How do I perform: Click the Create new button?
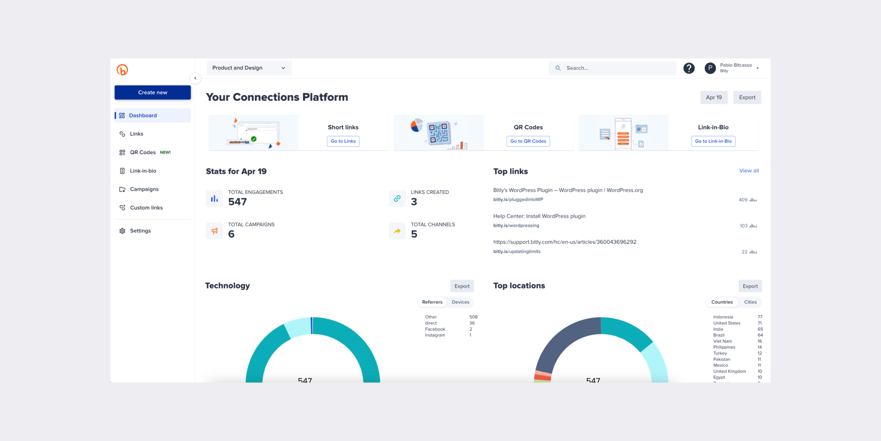[x=152, y=93]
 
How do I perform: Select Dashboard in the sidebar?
[x=143, y=115]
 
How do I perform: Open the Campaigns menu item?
[x=144, y=189]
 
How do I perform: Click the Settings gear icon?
[x=122, y=231]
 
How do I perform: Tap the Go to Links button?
[x=343, y=141]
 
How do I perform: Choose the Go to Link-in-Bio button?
[x=713, y=141]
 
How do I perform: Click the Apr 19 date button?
[x=714, y=97]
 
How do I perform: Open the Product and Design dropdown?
[x=249, y=68]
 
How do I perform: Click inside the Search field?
[x=615, y=68]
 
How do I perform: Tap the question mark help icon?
[x=689, y=68]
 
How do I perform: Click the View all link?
[x=749, y=171]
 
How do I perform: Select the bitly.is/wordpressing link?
[x=516, y=226]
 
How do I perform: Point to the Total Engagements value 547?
[x=237, y=202]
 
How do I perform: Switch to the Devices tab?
[x=460, y=302]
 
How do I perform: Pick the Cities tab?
[x=750, y=302]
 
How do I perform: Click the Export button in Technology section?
[x=462, y=286]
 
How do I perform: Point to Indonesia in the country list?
[x=723, y=317]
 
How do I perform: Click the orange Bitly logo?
[x=122, y=70]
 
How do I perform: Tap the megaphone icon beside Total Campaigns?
[x=214, y=231]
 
